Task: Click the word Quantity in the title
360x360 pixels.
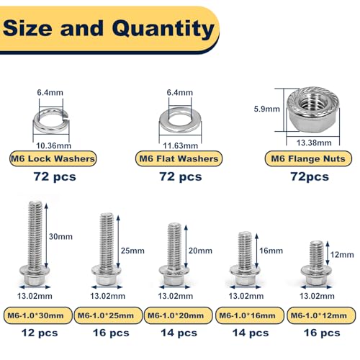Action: pos(163,30)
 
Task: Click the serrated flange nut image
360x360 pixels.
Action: pos(314,109)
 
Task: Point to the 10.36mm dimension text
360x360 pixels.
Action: pos(54,145)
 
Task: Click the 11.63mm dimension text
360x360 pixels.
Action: pos(181,145)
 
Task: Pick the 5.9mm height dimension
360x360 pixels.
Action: pos(267,109)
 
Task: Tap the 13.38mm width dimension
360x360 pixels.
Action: pos(314,143)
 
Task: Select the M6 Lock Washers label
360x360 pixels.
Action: pos(53,158)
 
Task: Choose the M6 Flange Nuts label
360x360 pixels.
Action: pos(308,158)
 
